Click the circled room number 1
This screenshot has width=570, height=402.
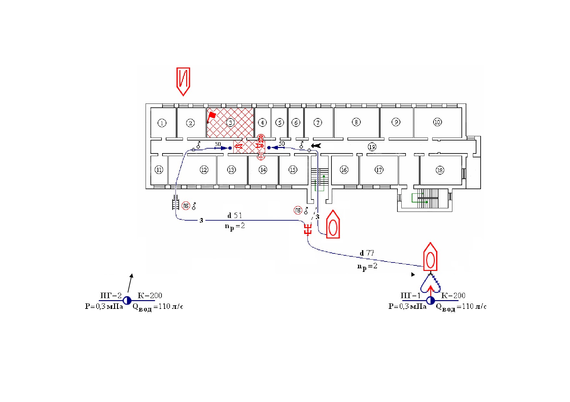[x=162, y=123]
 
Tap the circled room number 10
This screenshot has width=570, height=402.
[x=437, y=122]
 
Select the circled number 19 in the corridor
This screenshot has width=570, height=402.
[x=372, y=147]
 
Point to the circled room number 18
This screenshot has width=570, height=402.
[x=440, y=170]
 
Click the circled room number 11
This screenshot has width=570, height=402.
[x=159, y=170]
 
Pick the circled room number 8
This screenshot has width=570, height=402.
[x=356, y=122]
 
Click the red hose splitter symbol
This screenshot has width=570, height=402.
[x=307, y=230]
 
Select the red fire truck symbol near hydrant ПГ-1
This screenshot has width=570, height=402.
[x=430, y=257]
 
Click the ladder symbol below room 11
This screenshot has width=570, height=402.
[x=175, y=203]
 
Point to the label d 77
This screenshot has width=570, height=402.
[x=367, y=253]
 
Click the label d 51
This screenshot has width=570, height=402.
[x=235, y=215]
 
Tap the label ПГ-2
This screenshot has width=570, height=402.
[x=111, y=295]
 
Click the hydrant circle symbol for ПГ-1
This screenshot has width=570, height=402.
[x=430, y=300]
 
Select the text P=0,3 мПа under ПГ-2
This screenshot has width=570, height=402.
[x=104, y=306]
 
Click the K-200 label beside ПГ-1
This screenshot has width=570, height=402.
[x=453, y=295]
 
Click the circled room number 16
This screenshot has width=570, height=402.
[x=344, y=170]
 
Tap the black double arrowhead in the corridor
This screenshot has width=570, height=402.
[x=316, y=146]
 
